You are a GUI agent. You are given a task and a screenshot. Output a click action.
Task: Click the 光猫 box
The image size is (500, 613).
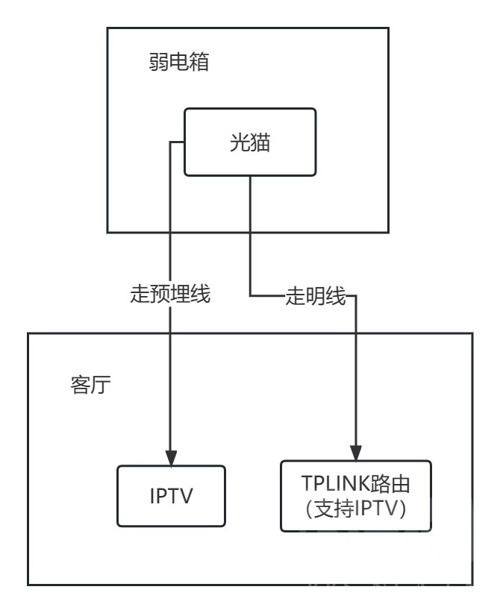coord(249,142)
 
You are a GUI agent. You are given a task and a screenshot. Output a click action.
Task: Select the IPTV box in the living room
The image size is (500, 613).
coord(172,496)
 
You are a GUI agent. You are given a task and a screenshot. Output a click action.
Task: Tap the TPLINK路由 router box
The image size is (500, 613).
coord(355,495)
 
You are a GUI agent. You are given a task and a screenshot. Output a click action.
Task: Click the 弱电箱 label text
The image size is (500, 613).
coord(178,62)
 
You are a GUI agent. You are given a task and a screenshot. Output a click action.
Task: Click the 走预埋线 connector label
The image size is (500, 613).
coord(171,295)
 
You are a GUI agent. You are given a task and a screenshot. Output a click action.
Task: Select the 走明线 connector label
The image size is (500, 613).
coord(316,297)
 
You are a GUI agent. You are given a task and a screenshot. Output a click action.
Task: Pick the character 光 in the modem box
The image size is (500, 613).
coord(239,142)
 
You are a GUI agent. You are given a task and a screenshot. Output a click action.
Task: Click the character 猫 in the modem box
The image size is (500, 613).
coord(260,142)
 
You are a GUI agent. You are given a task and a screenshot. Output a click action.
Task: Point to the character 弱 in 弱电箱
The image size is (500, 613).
coord(159,62)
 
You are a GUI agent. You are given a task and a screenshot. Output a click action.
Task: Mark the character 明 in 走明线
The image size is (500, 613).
coord(316,297)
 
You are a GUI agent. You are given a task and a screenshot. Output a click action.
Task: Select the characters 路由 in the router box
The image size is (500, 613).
coord(393,483)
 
